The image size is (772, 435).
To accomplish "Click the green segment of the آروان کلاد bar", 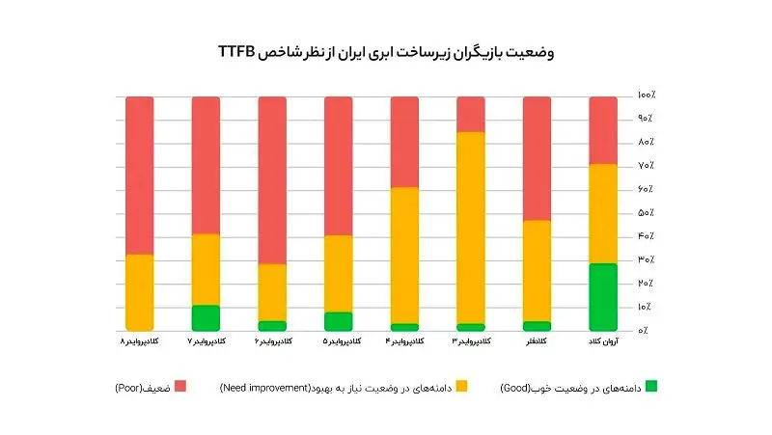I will point(603,296).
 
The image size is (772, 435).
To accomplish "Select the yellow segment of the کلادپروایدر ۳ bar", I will point(471,227).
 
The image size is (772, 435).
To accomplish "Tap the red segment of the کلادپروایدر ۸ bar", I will point(140,175).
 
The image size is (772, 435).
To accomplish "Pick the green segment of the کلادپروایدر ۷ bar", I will point(206,317).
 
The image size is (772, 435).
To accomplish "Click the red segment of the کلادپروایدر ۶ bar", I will point(272,179).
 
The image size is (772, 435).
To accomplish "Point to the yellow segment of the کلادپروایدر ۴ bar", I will point(404,255).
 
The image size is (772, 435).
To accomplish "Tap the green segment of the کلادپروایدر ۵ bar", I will point(338,321).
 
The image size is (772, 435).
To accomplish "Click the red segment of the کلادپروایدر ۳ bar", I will point(471,114).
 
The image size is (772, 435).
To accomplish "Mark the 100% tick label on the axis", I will point(646,95).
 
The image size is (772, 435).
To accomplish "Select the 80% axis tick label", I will point(646,143).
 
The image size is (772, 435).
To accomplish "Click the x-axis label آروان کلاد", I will point(603,342).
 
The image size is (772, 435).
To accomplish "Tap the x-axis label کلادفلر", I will point(536,342).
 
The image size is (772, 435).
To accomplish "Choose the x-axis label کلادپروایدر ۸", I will point(140,342).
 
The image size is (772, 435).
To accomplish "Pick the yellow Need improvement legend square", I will point(461,387).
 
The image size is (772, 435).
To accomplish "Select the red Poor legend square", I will point(179,387).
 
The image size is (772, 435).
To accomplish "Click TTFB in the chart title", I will point(236,52).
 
